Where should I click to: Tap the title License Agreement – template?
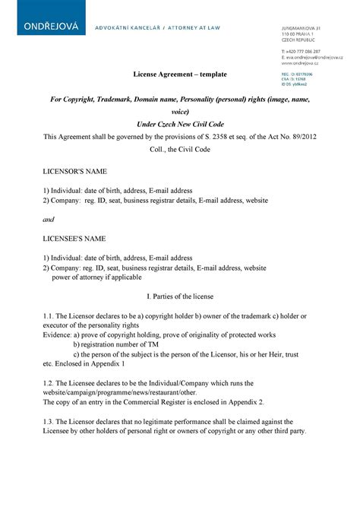[180, 73]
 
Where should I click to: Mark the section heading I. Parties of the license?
[180, 297]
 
